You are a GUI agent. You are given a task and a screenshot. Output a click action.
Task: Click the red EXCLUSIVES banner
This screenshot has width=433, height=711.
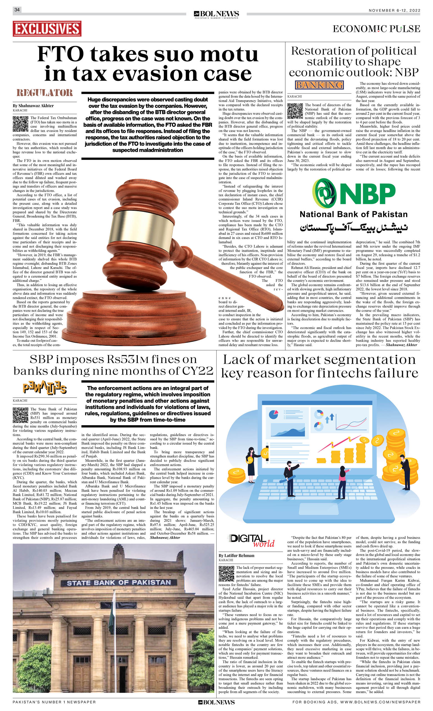(x=47, y=29)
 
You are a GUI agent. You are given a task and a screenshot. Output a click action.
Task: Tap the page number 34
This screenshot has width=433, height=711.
(x=17, y=10)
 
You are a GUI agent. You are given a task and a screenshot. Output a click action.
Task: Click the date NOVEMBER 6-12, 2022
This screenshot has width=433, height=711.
(x=394, y=10)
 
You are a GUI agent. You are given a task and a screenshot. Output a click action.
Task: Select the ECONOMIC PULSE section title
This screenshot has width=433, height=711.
(x=376, y=29)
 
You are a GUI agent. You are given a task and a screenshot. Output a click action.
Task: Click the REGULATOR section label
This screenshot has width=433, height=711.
(x=45, y=93)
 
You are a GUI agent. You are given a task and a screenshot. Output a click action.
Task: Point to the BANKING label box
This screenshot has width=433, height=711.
(x=319, y=85)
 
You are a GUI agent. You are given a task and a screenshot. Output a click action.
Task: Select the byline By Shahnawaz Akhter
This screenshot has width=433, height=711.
(x=33, y=106)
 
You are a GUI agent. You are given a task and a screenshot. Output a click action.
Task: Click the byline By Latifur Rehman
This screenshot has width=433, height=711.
(x=237, y=555)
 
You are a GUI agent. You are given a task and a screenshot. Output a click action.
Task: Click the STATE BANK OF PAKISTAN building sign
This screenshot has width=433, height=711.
(x=119, y=583)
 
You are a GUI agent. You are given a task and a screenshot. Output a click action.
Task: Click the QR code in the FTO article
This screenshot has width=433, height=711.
(x=21, y=124)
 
